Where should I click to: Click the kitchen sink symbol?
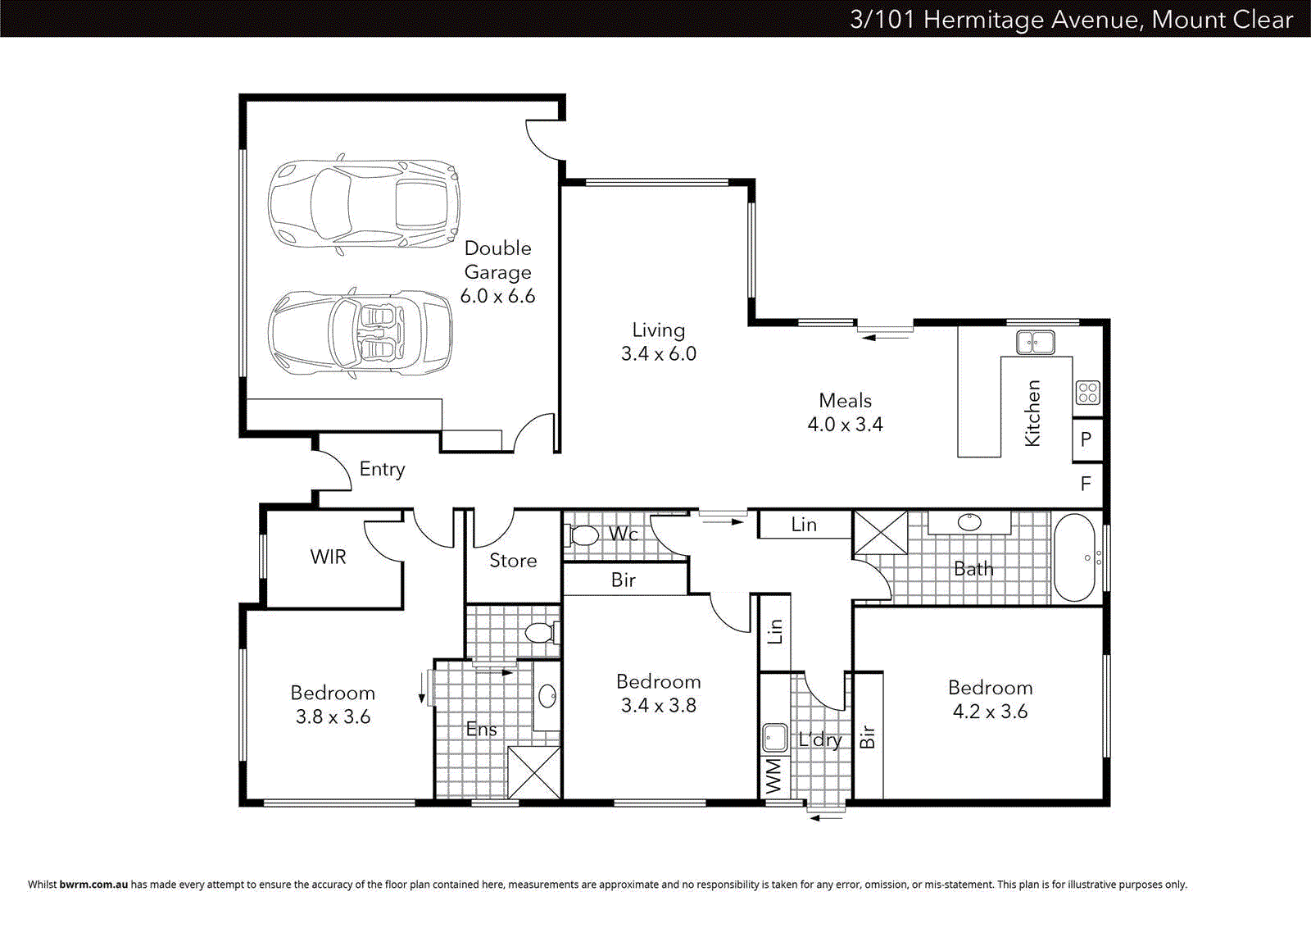(1035, 342)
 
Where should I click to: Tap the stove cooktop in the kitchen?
(1087, 393)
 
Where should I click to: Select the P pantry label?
(1086, 439)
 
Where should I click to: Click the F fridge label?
(1086, 484)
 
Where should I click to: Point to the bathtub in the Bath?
(1075, 557)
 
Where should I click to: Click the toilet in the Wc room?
(583, 536)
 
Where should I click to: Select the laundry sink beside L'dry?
(774, 738)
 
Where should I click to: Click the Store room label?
(513, 561)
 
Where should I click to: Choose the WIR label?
(328, 557)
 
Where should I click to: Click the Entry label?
(382, 469)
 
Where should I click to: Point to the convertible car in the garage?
(361, 333)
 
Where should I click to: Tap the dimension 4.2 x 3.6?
(990, 712)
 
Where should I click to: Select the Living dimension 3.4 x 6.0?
(658, 354)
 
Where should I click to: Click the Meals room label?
(845, 401)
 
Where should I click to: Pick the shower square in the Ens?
(534, 772)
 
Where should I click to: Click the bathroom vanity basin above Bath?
(969, 521)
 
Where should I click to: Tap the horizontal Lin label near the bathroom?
(804, 525)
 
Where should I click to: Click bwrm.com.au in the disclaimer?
(93, 885)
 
